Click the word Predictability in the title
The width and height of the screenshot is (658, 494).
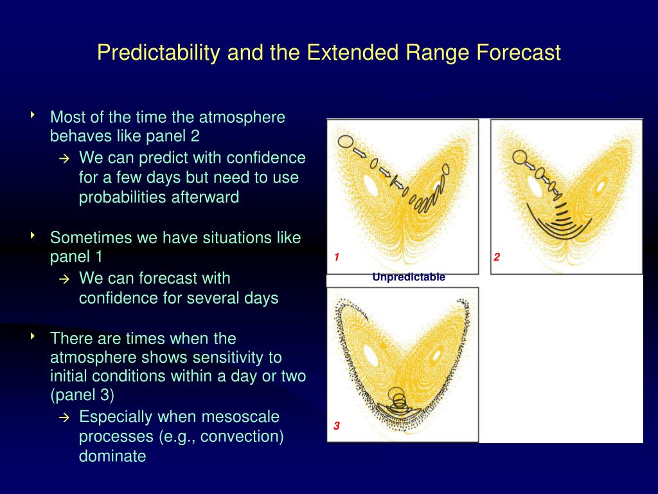(x=158, y=53)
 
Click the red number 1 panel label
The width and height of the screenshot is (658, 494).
(x=337, y=257)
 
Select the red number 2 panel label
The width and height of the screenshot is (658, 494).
(x=497, y=257)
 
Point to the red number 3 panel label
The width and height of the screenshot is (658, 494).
(x=337, y=426)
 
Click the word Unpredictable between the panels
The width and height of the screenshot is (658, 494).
(x=409, y=277)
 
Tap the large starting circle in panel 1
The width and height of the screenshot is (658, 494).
(x=345, y=142)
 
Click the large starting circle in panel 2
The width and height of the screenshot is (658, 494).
(x=519, y=158)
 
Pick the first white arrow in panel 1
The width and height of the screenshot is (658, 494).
(x=359, y=152)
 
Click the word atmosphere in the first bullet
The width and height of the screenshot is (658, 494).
(x=242, y=118)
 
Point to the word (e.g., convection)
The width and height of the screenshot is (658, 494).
(x=221, y=437)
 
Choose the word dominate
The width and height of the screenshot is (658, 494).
(x=112, y=456)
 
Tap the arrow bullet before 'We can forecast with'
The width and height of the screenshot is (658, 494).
(x=64, y=279)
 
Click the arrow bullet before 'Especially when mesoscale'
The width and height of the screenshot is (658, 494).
(x=64, y=417)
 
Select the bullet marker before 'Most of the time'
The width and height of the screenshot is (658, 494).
(x=32, y=114)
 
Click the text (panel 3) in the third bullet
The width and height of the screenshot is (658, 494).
(x=82, y=395)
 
